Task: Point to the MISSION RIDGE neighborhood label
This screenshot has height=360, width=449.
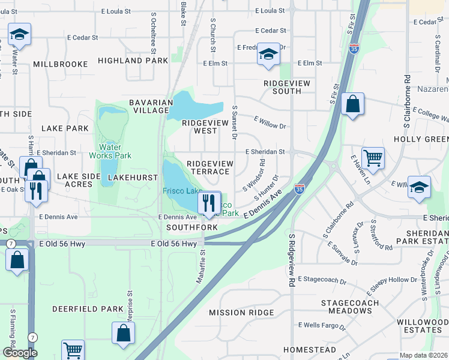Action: point(241,313)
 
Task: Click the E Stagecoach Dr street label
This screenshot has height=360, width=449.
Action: point(323,280)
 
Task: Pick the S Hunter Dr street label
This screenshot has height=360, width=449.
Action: point(268,188)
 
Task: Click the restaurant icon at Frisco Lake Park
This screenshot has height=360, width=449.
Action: point(209,202)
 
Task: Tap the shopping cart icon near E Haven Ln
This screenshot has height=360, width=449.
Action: point(373,158)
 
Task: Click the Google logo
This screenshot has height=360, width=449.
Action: point(20,353)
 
